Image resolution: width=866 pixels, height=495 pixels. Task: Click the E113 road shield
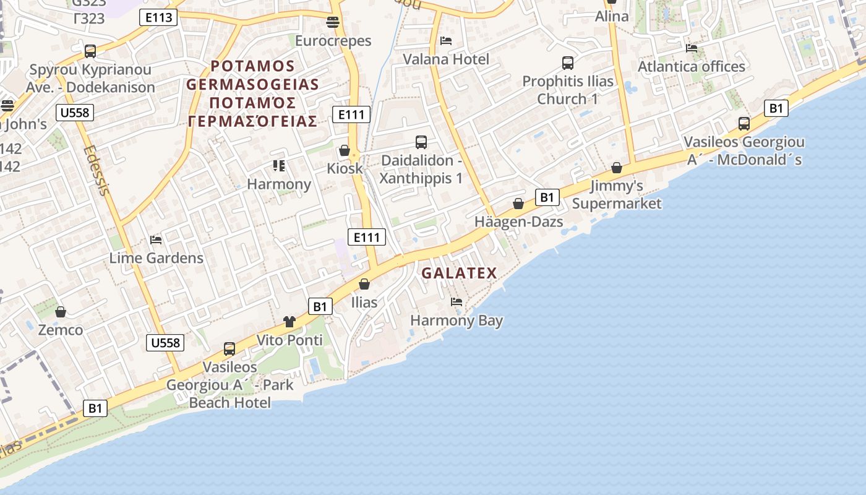tap(159, 17)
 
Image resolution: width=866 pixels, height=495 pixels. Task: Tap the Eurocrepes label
tap(333, 41)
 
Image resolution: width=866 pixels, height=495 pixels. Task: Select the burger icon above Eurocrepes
tap(333, 23)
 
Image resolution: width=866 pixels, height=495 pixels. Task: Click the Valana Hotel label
tap(445, 59)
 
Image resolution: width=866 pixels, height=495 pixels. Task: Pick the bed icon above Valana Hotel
tap(445, 41)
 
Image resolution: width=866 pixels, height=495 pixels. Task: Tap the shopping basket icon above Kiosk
tap(345, 150)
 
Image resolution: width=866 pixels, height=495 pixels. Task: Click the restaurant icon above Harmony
tap(279, 166)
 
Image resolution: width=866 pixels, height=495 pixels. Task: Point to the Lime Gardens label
tap(156, 258)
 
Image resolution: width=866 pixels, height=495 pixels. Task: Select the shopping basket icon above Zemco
tap(61, 312)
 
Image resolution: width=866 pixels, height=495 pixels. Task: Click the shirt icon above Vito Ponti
tap(289, 321)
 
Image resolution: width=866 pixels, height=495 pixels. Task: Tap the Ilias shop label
tap(364, 303)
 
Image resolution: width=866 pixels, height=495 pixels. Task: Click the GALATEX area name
tap(459, 273)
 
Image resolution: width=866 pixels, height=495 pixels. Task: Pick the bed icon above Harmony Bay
tap(457, 302)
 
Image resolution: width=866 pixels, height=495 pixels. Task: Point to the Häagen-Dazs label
tap(518, 222)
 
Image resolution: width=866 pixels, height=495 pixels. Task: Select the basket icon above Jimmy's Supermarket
tap(616, 168)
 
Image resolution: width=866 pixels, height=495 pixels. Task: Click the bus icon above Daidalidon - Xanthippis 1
tap(421, 142)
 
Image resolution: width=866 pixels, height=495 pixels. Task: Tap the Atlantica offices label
tap(691, 66)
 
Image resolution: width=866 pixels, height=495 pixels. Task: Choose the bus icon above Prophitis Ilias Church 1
tap(568, 62)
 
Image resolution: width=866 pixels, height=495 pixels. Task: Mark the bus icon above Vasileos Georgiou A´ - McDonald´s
tap(744, 124)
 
